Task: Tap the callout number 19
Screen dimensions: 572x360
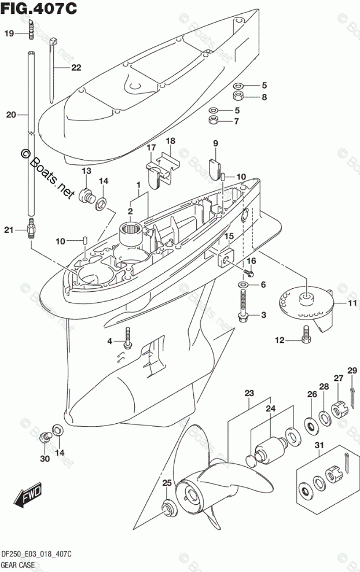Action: point(9,34)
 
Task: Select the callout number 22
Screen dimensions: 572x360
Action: point(76,68)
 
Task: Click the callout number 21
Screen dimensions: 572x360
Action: point(8,230)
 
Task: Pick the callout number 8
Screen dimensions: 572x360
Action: point(264,97)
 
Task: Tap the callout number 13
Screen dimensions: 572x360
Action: point(86,171)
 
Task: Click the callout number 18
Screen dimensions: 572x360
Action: point(170,141)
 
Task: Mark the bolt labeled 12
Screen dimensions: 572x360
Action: point(306,334)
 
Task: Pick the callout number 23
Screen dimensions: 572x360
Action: point(249,394)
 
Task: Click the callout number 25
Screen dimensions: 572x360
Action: point(167,483)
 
